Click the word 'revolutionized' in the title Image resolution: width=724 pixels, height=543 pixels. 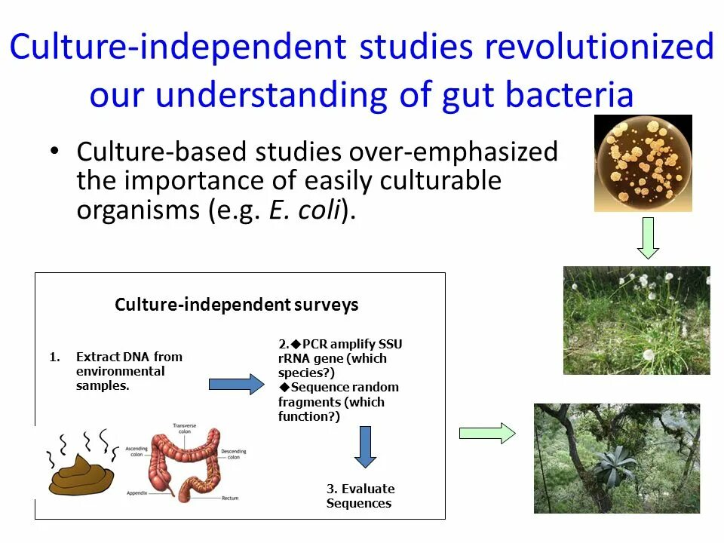tap(600, 48)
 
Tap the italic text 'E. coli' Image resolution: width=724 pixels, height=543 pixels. tap(305, 211)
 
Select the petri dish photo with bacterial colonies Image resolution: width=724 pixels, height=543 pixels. tap(643, 162)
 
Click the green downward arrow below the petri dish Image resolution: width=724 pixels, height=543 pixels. tap(648, 238)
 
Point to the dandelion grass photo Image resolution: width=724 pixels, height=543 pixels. tap(637, 320)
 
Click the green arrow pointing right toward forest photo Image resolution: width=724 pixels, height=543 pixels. tap(487, 433)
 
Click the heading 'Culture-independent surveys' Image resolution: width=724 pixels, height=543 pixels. tap(237, 305)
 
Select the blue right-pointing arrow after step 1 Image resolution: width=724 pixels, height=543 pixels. tap(236, 384)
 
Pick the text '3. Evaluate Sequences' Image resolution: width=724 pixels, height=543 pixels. tap(360, 495)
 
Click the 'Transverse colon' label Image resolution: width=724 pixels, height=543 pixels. tap(185, 428)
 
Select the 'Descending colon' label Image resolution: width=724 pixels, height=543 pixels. tap(234, 454)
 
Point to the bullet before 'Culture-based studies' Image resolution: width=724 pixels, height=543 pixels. tap(54, 152)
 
